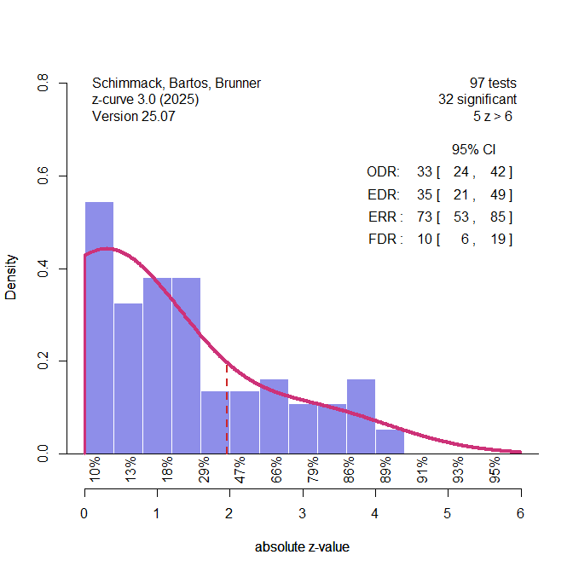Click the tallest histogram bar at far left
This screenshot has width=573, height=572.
click(x=99, y=328)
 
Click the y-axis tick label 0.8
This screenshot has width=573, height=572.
click(x=42, y=83)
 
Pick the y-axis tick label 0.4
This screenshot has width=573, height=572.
click(x=42, y=269)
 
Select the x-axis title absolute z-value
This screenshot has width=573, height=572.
click(x=302, y=547)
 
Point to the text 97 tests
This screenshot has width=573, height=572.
click(x=493, y=84)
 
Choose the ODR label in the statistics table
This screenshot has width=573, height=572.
click(x=383, y=173)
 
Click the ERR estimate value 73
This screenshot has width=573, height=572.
click(x=425, y=217)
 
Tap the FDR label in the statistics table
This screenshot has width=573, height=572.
click(x=385, y=240)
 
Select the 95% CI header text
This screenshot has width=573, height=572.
click(x=473, y=150)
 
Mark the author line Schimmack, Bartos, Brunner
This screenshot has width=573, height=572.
click(x=176, y=84)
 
